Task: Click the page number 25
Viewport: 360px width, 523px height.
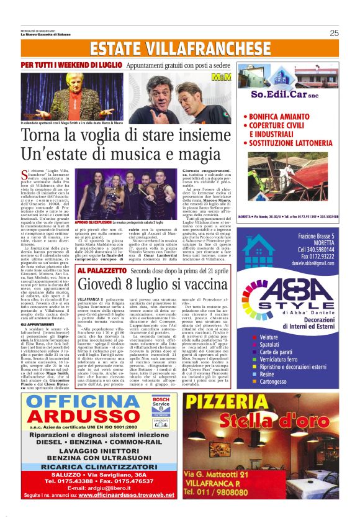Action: point(334,33)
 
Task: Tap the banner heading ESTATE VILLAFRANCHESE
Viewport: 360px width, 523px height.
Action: point(180,48)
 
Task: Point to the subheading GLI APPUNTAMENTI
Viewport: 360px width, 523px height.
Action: point(36,324)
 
